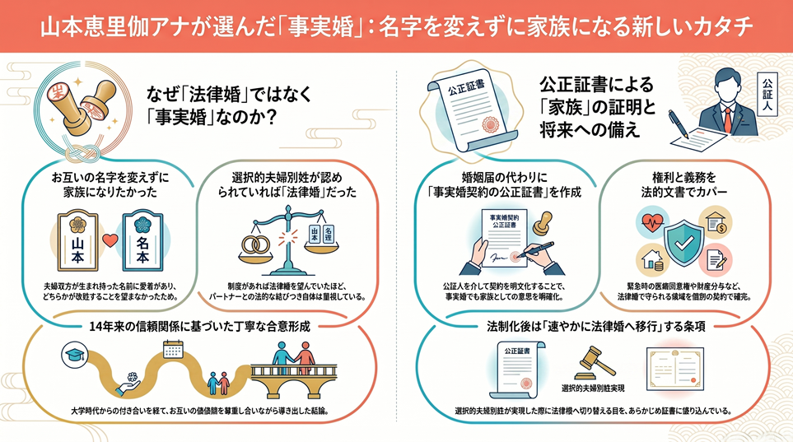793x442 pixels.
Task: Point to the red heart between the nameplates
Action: click(x=110, y=240)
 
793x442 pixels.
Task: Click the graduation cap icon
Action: click(x=75, y=355)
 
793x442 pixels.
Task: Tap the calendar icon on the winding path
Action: click(x=173, y=349)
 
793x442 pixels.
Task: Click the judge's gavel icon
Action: click(x=593, y=363)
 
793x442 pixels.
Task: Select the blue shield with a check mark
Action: click(x=683, y=242)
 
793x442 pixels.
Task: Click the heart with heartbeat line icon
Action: click(x=652, y=221)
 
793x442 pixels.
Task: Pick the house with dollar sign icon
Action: click(x=716, y=221)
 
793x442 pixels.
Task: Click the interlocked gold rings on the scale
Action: click(x=256, y=245)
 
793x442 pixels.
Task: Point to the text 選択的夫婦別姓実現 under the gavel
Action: click(x=593, y=388)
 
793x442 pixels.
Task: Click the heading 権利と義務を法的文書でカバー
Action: click(x=684, y=184)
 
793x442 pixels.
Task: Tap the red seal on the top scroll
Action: click(x=490, y=124)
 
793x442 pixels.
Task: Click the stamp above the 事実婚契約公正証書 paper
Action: click(x=543, y=222)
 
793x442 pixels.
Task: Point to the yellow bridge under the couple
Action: click(x=294, y=379)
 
